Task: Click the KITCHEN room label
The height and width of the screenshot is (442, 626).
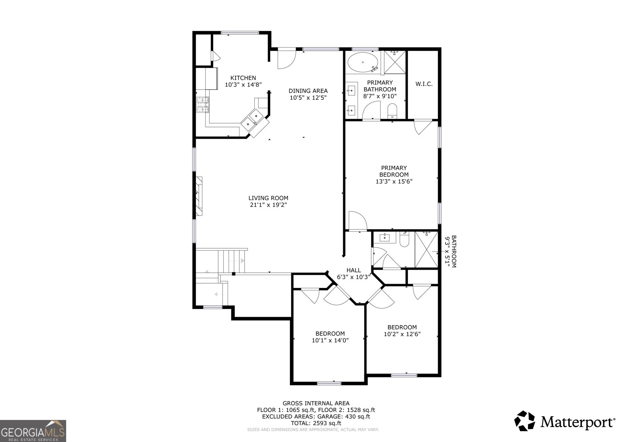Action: pos(243,78)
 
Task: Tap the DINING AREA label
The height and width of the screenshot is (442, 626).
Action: pos(308,91)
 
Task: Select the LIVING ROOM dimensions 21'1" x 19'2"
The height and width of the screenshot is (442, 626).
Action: pos(268,205)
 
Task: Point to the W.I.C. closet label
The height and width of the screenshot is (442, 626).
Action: pos(424,84)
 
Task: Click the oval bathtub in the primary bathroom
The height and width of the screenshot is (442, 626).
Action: pos(363,63)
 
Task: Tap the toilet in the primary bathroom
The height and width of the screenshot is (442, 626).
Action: pos(392,111)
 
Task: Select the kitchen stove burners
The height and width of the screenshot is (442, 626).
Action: pos(203,104)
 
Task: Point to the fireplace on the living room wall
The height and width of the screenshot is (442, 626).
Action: pos(199,196)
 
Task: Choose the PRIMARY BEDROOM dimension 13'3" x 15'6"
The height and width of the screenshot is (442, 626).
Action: pos(394,181)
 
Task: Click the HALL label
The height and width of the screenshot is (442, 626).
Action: pos(354,270)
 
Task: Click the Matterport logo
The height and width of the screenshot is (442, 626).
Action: pos(565,421)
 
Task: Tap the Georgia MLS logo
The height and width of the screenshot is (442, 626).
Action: pos(33,431)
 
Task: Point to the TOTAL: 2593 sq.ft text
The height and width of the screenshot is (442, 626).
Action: pos(316,423)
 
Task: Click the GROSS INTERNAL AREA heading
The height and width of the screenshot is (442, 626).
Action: pos(316,403)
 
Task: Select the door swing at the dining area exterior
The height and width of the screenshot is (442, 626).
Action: pos(287,59)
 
